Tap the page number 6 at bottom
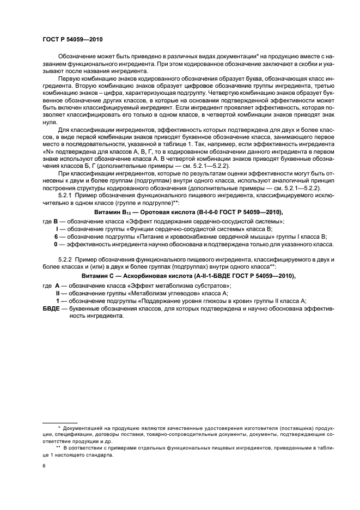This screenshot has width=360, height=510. (44, 466)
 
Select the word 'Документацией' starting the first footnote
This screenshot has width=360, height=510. (85, 428)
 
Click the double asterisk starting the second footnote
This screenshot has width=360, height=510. (58, 447)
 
